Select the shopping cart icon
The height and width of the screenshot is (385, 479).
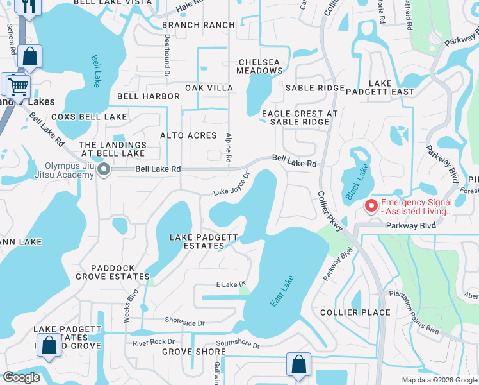tap(17, 85)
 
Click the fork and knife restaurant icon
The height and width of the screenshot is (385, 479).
tap(28, 7)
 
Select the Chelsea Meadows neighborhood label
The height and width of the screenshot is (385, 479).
tap(259, 67)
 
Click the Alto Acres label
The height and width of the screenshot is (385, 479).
tap(188, 135)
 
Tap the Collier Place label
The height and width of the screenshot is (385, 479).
tap(355, 312)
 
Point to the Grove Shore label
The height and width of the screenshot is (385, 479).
tap(193, 352)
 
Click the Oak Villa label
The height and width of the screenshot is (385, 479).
tap(209, 87)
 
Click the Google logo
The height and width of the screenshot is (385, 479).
tap(20, 377)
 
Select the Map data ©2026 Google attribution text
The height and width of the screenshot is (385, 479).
tap(439, 380)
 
